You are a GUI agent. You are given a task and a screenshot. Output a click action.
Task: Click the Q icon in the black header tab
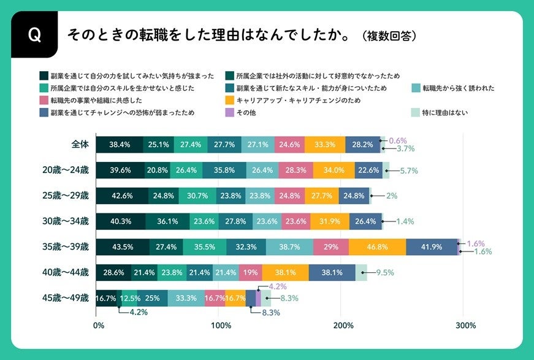coord(34,36)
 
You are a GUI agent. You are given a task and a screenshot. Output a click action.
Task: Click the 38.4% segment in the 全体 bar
coord(120,145)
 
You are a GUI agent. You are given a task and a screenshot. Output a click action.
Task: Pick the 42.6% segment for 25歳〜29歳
coord(122,196)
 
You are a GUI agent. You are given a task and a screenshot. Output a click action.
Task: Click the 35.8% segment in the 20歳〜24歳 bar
coord(224,170)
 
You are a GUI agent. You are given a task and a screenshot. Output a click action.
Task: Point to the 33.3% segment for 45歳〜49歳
coord(186,299)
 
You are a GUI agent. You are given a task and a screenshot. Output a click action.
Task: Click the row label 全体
coord(80,145)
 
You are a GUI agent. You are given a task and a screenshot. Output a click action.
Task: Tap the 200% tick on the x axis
coord(342,325)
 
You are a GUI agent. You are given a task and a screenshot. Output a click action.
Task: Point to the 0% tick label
coord(97,325)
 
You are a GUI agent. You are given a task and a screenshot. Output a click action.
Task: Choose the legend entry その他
coord(246,112)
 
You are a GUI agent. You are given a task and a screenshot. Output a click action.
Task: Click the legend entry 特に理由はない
coord(446,112)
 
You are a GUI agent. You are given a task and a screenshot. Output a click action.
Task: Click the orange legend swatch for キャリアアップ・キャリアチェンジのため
coord(231,101)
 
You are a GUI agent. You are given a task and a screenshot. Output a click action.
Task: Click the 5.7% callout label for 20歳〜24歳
coord(409,170)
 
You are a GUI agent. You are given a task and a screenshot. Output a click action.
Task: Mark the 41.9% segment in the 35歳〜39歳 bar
coord(432,247)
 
